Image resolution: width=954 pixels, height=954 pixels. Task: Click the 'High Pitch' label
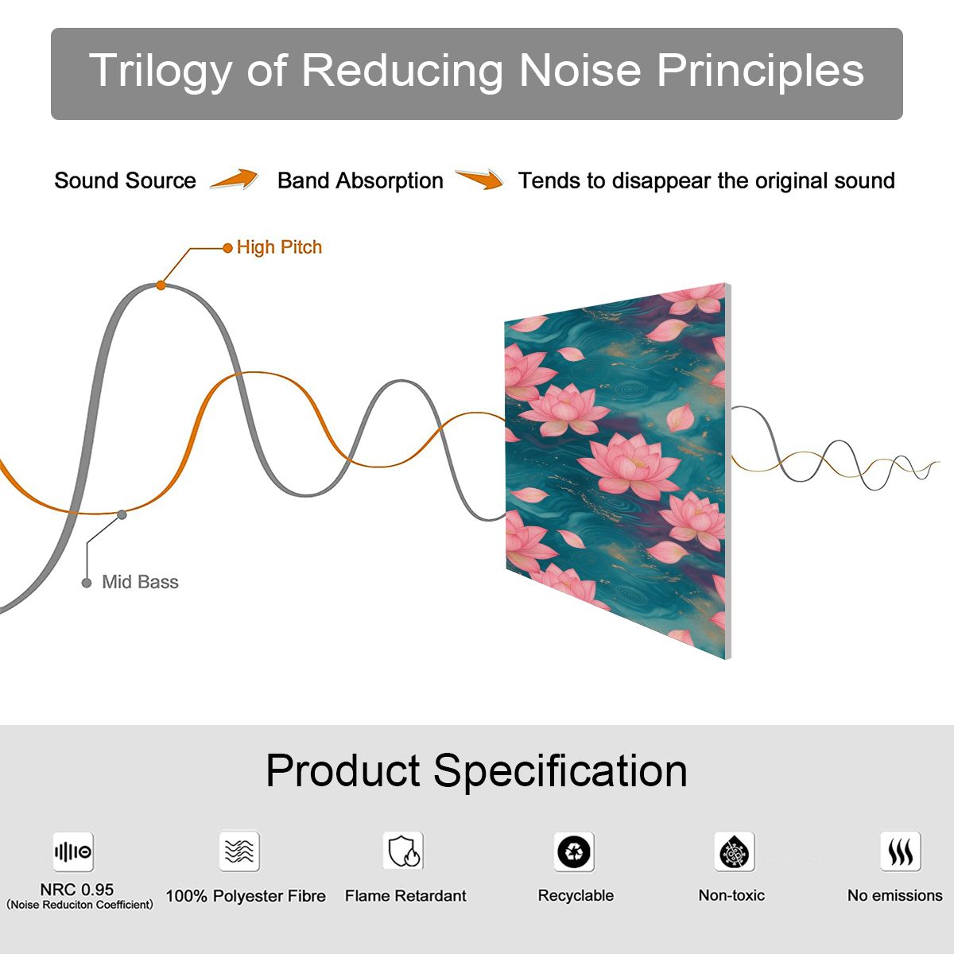point(279,247)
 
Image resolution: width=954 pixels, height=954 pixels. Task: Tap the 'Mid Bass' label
point(140,582)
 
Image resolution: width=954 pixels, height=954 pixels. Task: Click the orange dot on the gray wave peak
point(161,285)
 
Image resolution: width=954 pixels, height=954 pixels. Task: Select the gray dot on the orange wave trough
point(122,515)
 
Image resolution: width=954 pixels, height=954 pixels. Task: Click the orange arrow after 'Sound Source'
point(235,179)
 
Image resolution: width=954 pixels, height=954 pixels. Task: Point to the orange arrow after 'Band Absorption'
point(479,179)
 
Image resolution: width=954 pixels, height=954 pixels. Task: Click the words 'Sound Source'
point(126,180)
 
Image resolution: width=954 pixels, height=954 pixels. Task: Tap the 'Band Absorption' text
point(360,180)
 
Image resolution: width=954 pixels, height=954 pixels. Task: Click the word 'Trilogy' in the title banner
point(161,72)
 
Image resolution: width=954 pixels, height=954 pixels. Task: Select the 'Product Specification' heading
point(477,770)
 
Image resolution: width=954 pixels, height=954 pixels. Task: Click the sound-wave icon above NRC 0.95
point(73,851)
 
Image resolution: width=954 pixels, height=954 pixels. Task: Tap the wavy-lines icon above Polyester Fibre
point(239,851)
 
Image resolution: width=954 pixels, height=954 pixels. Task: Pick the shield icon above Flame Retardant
point(403,851)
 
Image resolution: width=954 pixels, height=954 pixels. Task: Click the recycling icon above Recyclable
point(574,851)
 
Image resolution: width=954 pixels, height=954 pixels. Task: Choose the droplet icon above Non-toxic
point(735,851)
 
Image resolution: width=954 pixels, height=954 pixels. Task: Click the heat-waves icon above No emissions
point(901,851)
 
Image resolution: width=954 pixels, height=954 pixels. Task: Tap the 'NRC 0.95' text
point(77,890)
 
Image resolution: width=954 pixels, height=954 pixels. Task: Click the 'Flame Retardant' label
point(405,896)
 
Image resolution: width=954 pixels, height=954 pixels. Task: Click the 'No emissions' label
point(895,895)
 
